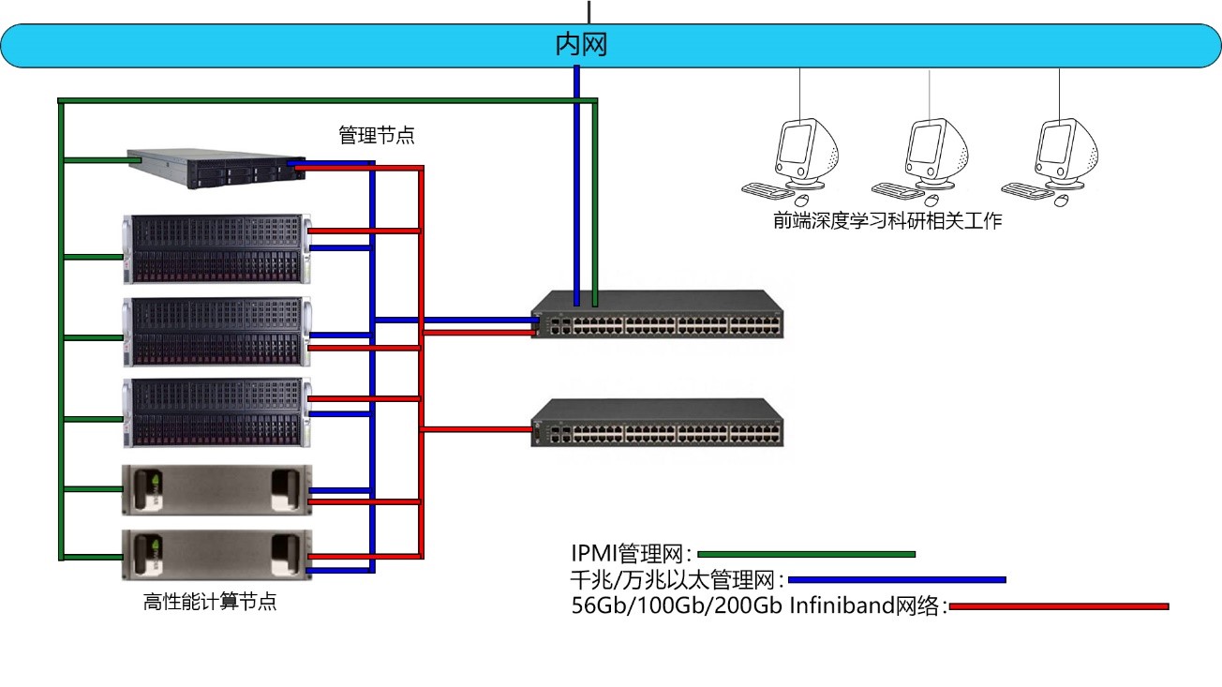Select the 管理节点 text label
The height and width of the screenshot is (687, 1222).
[x=377, y=135]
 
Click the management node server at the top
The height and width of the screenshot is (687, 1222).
[x=216, y=168]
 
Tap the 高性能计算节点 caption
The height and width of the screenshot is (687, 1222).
[x=210, y=603]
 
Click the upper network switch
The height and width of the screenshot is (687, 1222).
[x=657, y=315]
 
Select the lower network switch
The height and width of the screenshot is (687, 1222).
[x=657, y=424]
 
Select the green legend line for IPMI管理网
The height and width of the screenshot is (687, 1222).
[x=806, y=554]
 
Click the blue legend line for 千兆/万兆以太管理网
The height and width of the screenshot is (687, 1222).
[x=897, y=580]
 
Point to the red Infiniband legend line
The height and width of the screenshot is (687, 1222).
[x=1060, y=606]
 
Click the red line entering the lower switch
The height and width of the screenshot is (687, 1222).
[x=478, y=430]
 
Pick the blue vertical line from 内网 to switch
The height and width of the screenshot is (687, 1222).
[x=577, y=187]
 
